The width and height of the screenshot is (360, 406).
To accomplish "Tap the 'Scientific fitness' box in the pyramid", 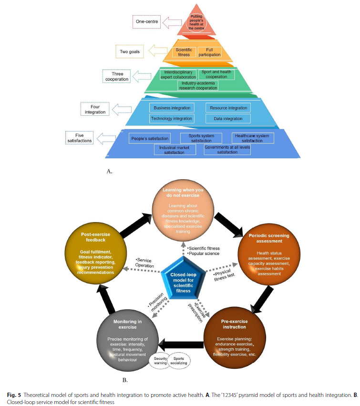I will coord(184,52).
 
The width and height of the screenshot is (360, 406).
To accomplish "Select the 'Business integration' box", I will coord(172,108).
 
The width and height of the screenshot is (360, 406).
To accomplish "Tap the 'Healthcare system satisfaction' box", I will coord(254,138).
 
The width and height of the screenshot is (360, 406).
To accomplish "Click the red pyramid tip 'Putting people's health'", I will coord(195,22).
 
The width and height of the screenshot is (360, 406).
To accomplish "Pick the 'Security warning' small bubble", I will coord(160,360).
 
